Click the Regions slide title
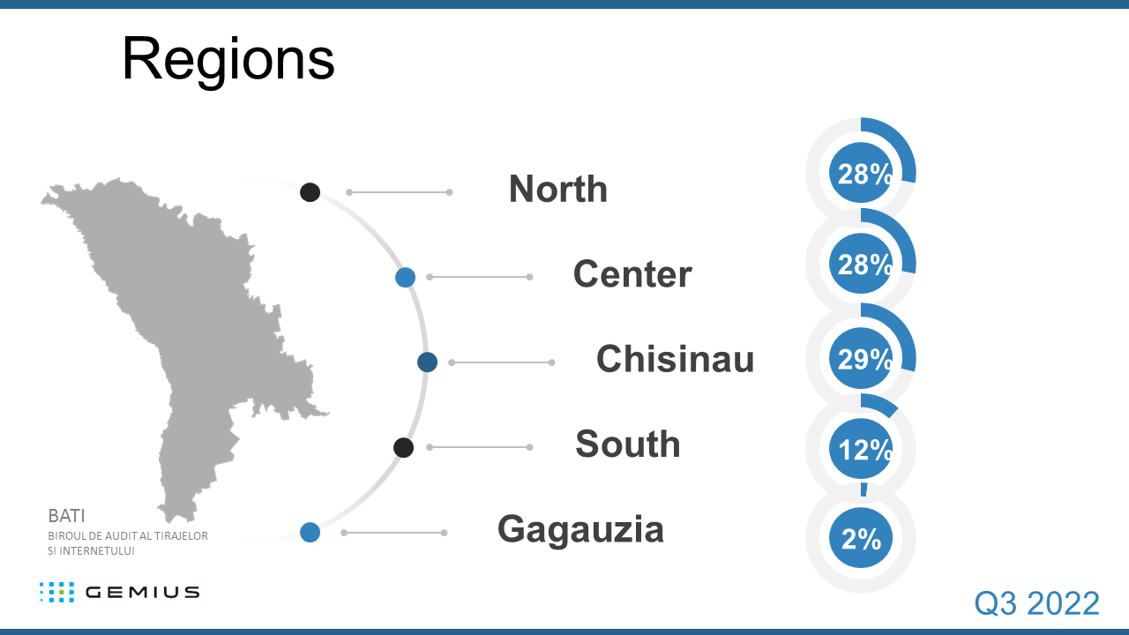(x=228, y=59)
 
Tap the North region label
(x=557, y=189)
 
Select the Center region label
(x=632, y=274)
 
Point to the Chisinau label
(x=675, y=359)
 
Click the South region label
(x=627, y=444)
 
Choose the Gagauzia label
(x=580, y=529)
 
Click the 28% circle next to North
(x=861, y=174)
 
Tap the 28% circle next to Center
(x=861, y=264)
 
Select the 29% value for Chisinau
(x=861, y=359)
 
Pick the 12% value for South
(x=861, y=450)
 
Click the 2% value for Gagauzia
(x=861, y=539)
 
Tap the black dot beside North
(x=310, y=191)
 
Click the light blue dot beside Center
(x=405, y=278)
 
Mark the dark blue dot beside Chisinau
(x=428, y=362)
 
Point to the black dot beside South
(x=403, y=447)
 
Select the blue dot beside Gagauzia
(x=310, y=532)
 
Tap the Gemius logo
(x=119, y=592)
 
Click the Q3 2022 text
(x=1036, y=603)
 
